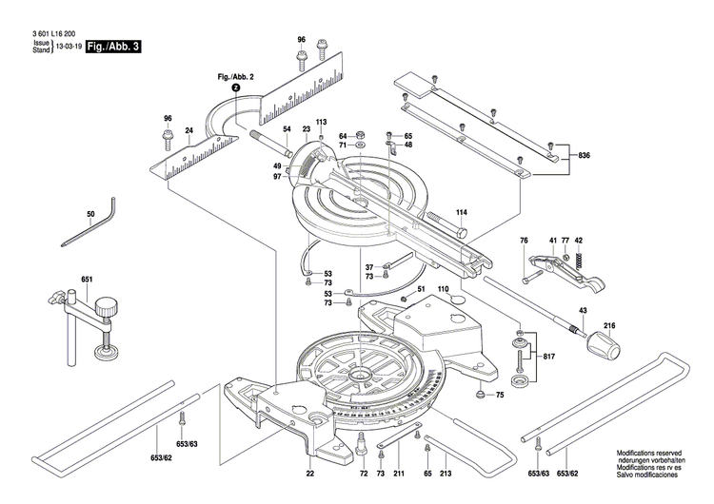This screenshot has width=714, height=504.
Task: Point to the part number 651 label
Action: (87, 279)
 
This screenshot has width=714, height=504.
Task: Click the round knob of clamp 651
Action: (106, 305)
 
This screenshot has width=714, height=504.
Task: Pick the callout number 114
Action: (461, 211)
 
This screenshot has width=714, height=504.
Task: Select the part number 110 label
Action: (443, 288)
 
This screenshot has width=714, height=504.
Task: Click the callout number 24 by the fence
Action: (189, 129)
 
